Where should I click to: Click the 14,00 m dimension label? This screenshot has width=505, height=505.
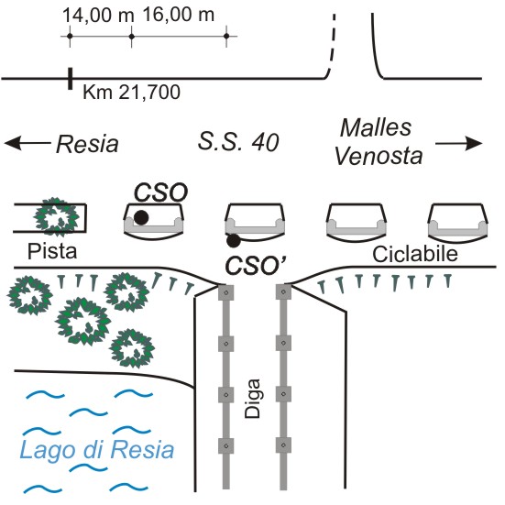[x=98, y=16]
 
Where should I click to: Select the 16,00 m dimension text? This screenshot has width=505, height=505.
[x=178, y=16]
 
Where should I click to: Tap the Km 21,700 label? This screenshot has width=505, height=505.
[x=131, y=93]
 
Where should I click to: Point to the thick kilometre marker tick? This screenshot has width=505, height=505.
[x=70, y=78]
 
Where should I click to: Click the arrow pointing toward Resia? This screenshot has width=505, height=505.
[x=27, y=143]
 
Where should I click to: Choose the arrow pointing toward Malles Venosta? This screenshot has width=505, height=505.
[x=458, y=143]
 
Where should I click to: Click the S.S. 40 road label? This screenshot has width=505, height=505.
[x=238, y=142]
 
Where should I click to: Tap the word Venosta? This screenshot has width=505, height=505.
[x=379, y=156]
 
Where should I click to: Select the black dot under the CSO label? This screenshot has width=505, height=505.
[x=141, y=217]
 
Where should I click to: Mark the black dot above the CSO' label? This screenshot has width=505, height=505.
[x=233, y=240]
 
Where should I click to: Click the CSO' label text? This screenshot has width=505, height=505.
[x=256, y=266]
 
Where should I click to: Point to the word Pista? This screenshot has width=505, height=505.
[x=52, y=251]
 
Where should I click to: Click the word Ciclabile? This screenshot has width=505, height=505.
[x=415, y=254]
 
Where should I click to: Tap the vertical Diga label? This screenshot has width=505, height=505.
[x=252, y=399]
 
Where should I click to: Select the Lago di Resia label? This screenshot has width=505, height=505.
[x=97, y=450]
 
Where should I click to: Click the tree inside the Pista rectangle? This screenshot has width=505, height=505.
[x=56, y=218]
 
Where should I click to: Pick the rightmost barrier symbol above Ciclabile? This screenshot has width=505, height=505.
[x=447, y=280]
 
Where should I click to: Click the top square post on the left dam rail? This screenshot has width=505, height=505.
[x=226, y=292]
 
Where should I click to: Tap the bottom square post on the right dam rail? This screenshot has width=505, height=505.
[x=283, y=445]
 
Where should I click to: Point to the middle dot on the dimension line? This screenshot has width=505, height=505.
[x=131, y=36]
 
